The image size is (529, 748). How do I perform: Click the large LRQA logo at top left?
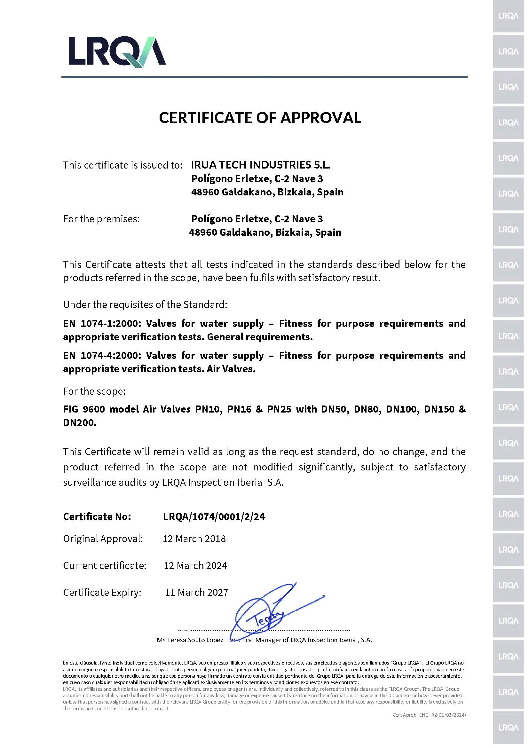point(117,51)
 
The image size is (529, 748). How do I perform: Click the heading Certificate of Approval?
point(260,118)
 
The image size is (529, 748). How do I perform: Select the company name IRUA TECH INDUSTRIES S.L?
point(260,165)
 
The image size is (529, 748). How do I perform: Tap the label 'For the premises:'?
point(101,219)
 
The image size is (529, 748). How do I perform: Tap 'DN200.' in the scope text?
point(80,423)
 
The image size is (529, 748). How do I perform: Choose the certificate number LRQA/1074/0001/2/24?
point(214,517)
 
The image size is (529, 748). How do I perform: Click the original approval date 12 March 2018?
point(194,539)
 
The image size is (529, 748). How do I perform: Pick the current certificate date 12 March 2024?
point(195,566)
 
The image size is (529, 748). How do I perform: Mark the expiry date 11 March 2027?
point(196,592)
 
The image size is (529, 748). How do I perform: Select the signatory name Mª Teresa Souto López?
point(190,640)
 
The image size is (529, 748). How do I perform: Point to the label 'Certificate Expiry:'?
point(102,592)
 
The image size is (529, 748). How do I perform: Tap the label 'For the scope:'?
point(94,391)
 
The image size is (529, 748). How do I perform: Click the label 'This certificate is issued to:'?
point(122,165)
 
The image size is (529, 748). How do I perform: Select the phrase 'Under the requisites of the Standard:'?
point(145,305)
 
